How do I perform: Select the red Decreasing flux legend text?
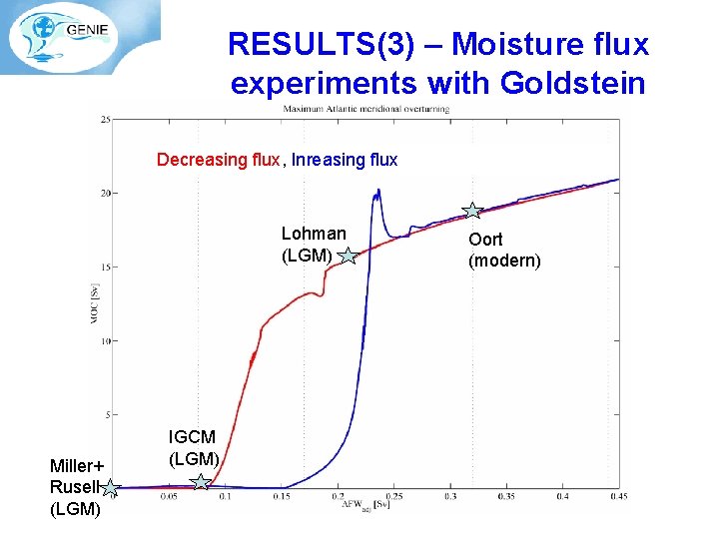(218, 160)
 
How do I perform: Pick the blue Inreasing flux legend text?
(345, 160)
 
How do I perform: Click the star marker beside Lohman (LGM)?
(347, 258)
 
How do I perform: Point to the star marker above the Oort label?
(472, 211)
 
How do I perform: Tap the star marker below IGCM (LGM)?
(201, 483)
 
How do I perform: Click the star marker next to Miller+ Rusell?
(113, 488)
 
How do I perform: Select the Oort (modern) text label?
(504, 251)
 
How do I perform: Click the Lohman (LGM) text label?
(313, 245)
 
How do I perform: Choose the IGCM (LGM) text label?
(193, 447)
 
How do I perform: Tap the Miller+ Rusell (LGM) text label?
(76, 488)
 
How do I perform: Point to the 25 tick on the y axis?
(105, 120)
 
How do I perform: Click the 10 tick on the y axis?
(105, 341)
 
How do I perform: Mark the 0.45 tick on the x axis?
(619, 496)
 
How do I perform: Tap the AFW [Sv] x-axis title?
(365, 505)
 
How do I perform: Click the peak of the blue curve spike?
(377, 191)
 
